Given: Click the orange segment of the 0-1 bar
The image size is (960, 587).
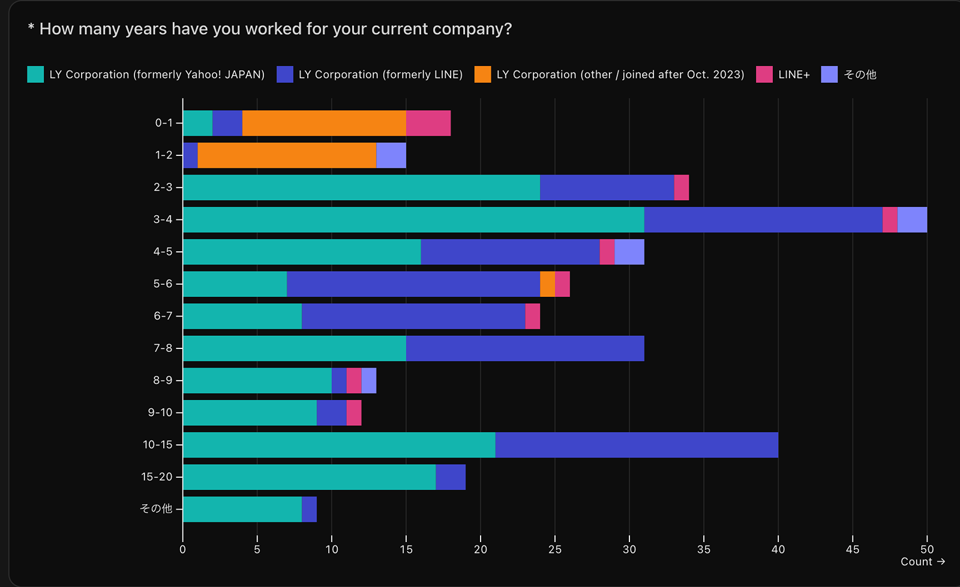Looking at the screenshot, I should click(324, 123).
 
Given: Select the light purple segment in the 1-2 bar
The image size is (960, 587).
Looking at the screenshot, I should click(391, 155).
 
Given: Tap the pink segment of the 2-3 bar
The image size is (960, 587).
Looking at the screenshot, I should click(682, 188).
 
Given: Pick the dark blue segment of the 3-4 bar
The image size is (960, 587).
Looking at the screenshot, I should click(763, 219).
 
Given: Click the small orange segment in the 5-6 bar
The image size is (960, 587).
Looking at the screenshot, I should click(547, 284).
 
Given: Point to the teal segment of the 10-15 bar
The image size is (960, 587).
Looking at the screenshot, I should click(339, 445).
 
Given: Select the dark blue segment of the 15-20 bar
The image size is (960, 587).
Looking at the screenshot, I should click(451, 477).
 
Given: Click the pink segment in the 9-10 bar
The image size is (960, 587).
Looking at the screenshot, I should click(354, 413).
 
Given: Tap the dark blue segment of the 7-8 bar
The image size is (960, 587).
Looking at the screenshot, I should click(525, 348).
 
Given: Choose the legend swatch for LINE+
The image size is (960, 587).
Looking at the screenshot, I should click(764, 74).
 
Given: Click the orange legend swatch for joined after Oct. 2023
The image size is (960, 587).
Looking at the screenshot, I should click(482, 74).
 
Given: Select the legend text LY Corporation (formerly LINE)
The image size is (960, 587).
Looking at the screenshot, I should click(380, 74).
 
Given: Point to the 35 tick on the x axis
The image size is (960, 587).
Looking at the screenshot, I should click(704, 549).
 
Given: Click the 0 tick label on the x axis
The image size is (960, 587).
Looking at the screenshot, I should click(183, 549).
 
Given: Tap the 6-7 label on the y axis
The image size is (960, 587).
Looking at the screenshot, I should click(163, 316).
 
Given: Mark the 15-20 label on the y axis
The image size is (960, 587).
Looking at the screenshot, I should click(157, 477).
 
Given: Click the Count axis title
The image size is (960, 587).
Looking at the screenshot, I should click(916, 562).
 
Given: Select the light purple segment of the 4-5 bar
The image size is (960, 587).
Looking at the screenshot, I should click(629, 252).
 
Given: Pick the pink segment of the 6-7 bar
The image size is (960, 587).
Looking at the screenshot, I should click(533, 316).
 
